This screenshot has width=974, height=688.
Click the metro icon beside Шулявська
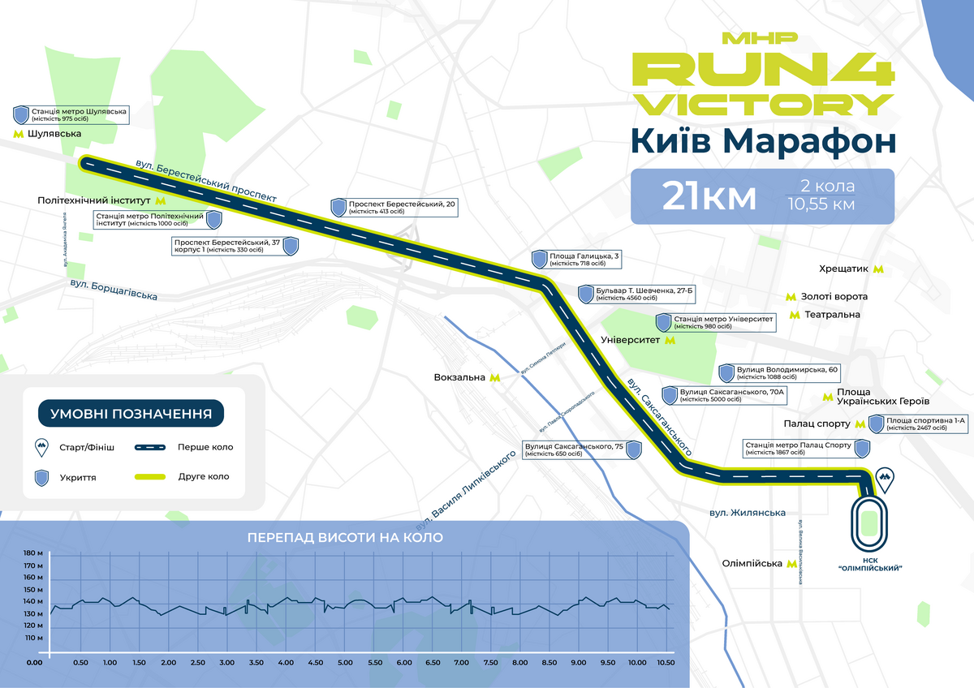click(17, 134)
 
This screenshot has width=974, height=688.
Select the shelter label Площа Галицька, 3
click(584, 260)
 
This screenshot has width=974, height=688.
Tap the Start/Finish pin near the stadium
click(885, 481)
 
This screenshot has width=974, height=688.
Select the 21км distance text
click(709, 196)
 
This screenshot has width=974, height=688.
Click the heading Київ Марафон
click(763, 140)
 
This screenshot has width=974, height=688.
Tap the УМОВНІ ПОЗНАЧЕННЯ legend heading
click(131, 413)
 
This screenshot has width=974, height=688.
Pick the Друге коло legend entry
click(204, 476)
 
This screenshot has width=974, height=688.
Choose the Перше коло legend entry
click(205, 447)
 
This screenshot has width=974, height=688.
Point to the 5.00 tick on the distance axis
click(345, 663)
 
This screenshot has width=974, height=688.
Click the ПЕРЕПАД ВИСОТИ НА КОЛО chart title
click(346, 537)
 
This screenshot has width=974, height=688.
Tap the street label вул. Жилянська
click(748, 513)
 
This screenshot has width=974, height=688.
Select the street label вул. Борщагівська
click(114, 290)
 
